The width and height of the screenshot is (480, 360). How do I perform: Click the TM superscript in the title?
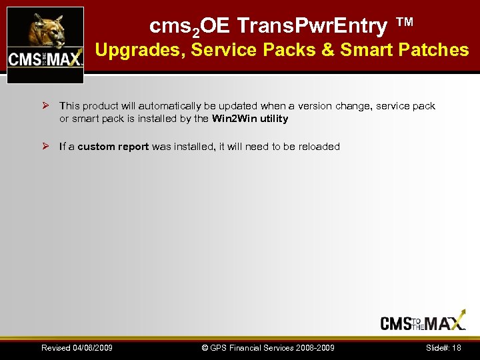tap(405, 23)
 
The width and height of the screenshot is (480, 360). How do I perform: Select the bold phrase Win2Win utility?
tap(250, 119)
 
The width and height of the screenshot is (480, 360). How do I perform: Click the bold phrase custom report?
tap(113, 146)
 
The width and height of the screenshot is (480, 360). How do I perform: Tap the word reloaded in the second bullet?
tap(319, 146)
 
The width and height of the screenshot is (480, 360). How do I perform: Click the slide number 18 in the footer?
tap(457, 348)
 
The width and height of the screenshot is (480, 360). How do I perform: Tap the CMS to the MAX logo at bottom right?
tap(423, 323)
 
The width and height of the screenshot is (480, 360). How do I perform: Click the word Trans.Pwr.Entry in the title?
tap(312, 26)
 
